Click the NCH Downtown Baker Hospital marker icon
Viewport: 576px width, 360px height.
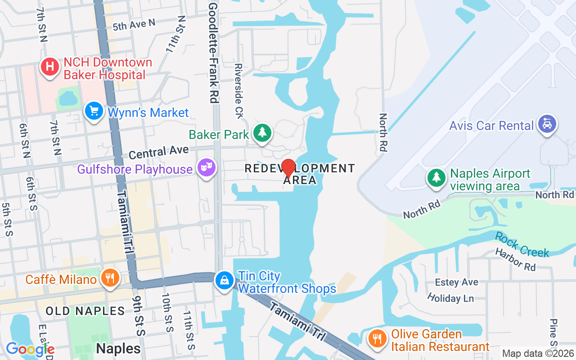[x=49, y=67]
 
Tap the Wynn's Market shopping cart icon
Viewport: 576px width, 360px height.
[x=94, y=111]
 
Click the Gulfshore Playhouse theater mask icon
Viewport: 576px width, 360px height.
[x=207, y=168]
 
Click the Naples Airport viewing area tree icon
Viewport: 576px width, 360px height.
[x=436, y=177]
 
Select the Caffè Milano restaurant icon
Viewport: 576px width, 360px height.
[x=109, y=278]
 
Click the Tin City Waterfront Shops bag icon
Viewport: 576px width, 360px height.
[x=224, y=280]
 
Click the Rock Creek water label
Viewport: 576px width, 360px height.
[x=522, y=244]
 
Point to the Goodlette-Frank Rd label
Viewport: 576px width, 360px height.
[x=214, y=53]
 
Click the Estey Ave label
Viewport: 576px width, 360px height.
[x=456, y=282]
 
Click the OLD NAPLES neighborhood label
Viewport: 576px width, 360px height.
[x=85, y=311]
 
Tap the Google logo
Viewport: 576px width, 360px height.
[x=30, y=349]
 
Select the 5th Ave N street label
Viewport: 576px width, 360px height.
[x=134, y=25]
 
